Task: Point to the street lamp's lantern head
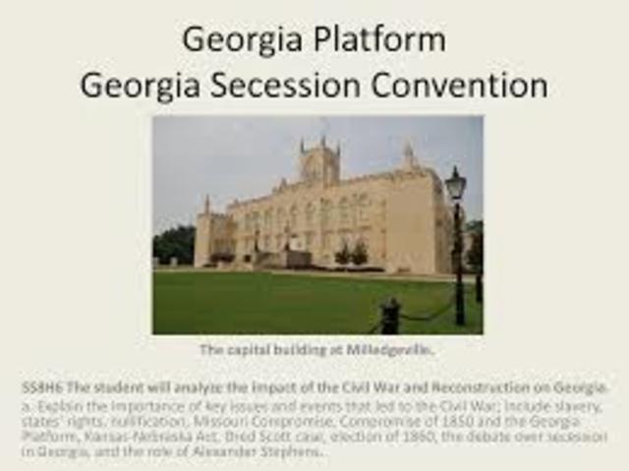pyautogui.click(x=455, y=184)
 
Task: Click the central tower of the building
pyautogui.click(x=320, y=162)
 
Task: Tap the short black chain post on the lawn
pyautogui.click(x=390, y=316)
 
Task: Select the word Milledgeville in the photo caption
pyautogui.click(x=390, y=349)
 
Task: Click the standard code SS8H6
pyautogui.click(x=40, y=387)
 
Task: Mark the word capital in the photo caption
pyautogui.click(x=251, y=349)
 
